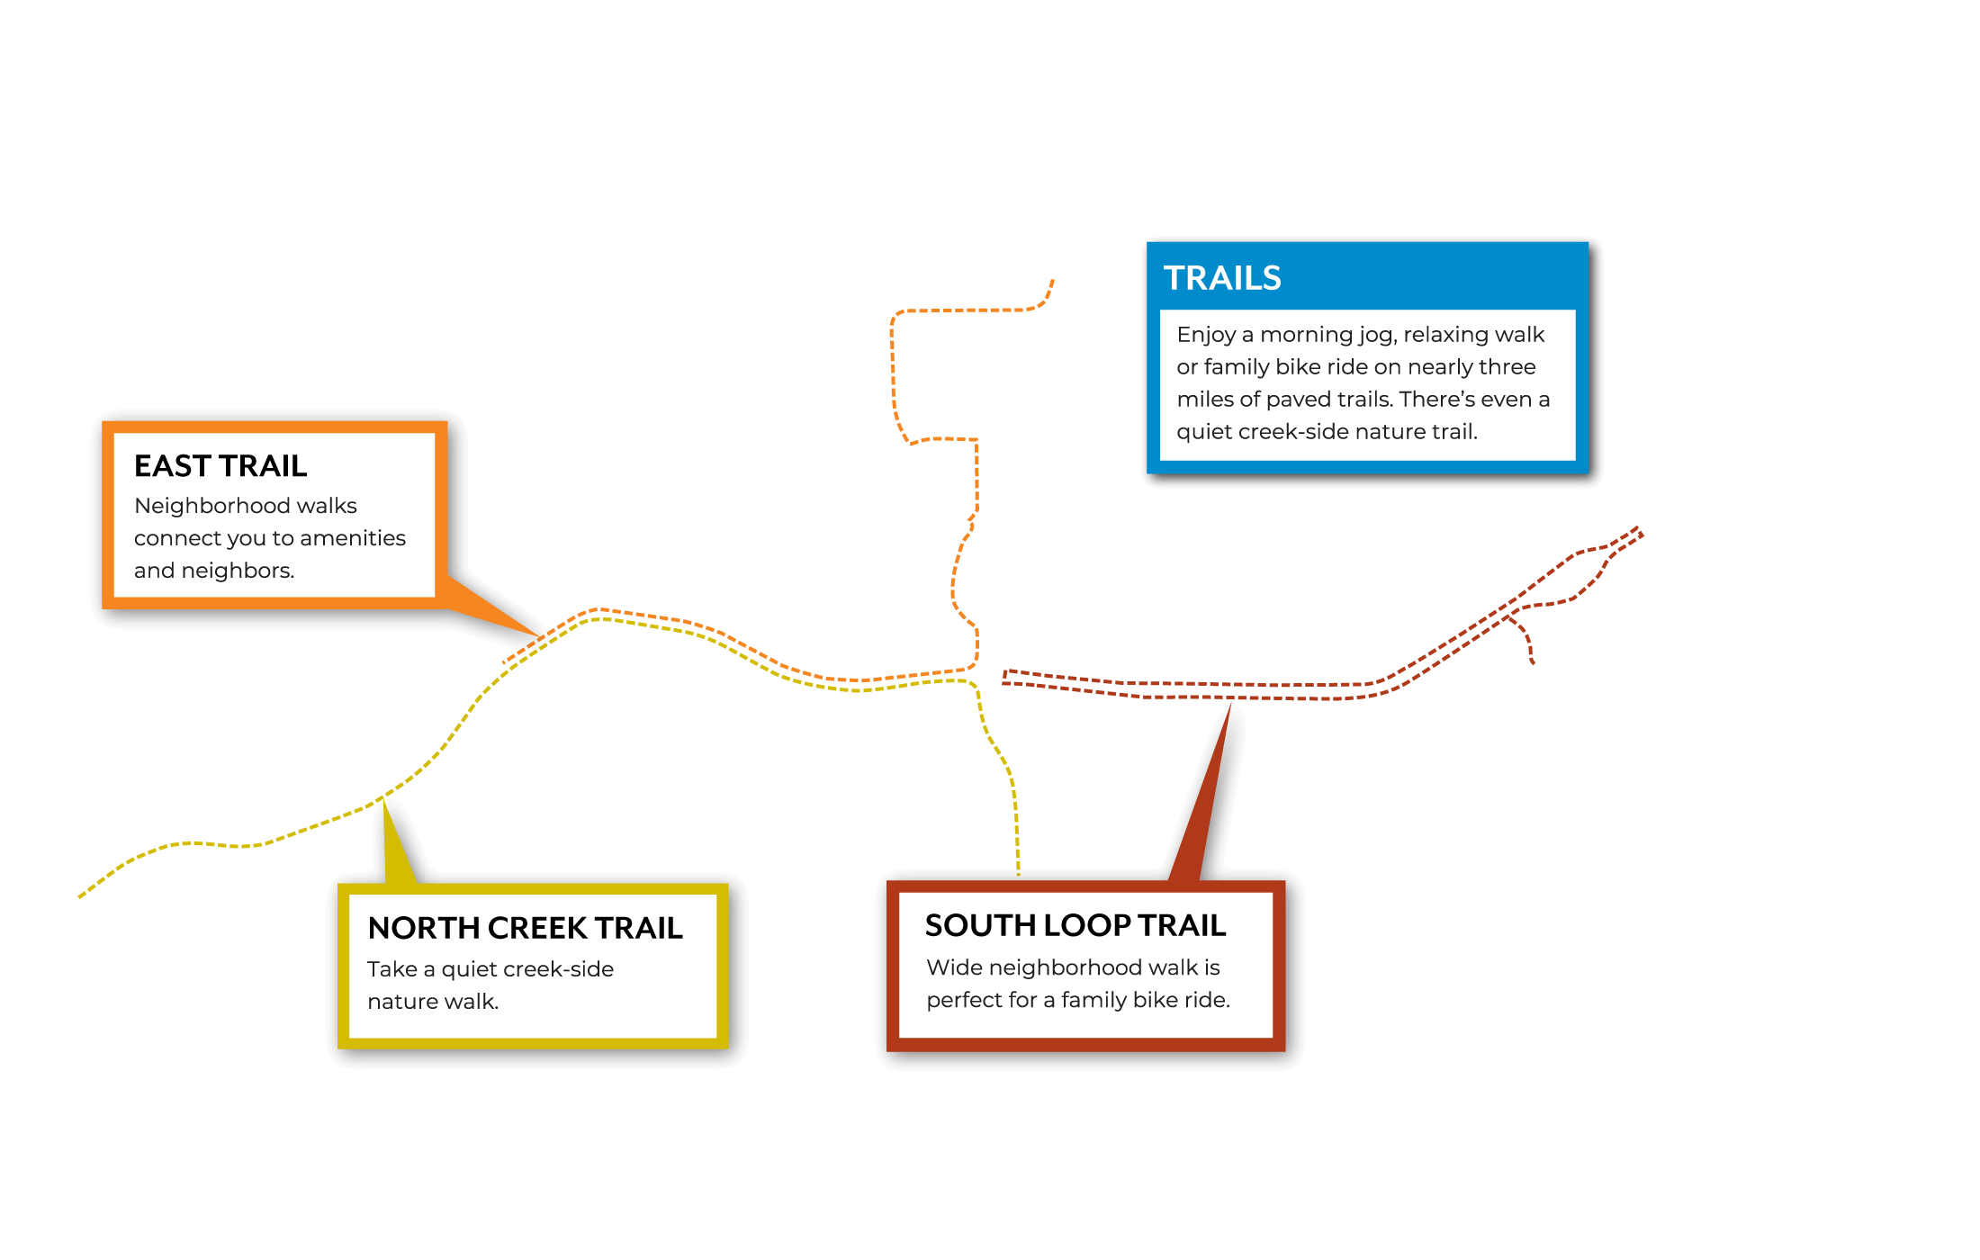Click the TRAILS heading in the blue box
click(x=1222, y=278)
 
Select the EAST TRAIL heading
click(x=220, y=466)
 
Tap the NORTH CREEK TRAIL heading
click(x=526, y=928)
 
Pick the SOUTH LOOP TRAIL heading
click(x=1075, y=925)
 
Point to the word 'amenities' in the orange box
click(x=353, y=538)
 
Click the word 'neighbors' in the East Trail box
click(x=237, y=571)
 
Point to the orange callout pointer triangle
click(x=490, y=607)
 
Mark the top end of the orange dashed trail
click(x=1052, y=281)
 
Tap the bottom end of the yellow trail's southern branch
click(x=1019, y=873)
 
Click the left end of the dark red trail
click(x=1004, y=677)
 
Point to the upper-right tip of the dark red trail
click(x=1640, y=530)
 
